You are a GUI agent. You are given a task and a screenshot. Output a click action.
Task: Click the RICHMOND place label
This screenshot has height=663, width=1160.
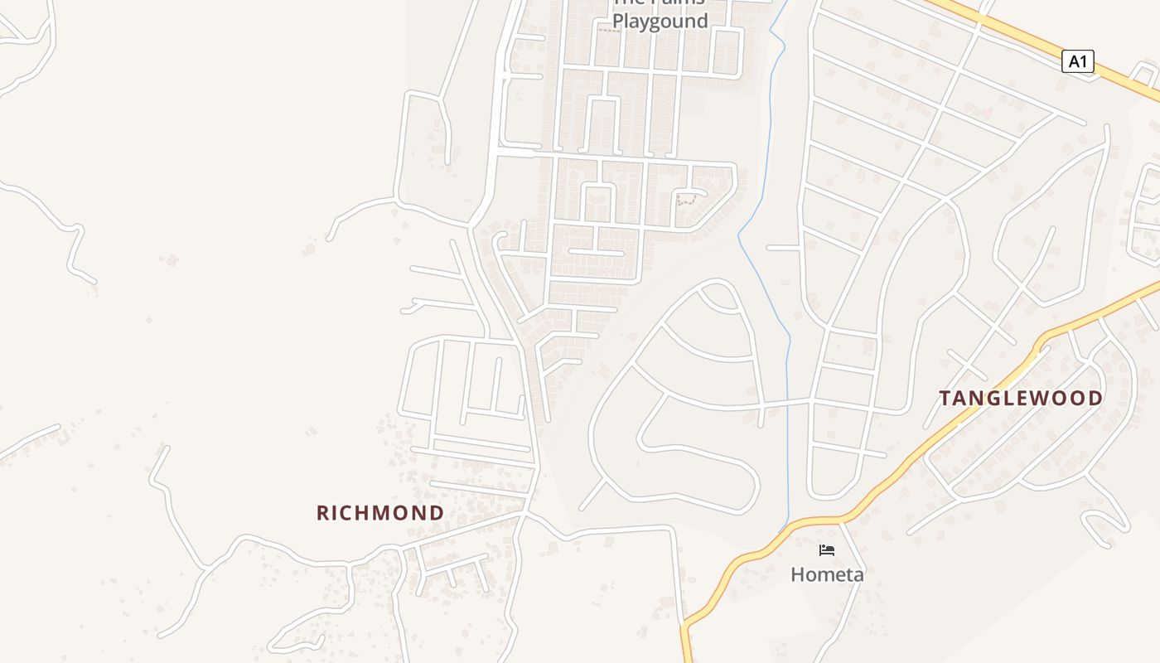(380, 513)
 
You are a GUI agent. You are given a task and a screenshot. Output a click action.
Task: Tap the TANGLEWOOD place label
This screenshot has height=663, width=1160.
(1021, 399)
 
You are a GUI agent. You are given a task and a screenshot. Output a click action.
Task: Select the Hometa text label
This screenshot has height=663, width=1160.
(827, 574)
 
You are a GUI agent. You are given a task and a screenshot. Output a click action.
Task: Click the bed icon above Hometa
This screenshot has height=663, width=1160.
(827, 550)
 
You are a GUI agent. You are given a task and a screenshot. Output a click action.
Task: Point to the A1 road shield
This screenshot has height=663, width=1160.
(1077, 61)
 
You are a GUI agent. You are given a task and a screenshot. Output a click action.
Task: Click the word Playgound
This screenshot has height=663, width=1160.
(660, 22)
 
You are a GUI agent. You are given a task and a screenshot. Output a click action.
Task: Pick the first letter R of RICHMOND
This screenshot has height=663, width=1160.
(323, 513)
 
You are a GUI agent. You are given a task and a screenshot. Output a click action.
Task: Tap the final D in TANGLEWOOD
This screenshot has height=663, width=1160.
(1095, 399)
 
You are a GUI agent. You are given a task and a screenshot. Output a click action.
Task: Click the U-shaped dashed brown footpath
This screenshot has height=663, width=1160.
(686, 199)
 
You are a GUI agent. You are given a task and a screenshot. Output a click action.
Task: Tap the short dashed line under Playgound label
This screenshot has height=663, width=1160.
(609, 31)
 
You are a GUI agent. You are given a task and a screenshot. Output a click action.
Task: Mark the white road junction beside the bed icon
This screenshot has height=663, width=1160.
(840, 523)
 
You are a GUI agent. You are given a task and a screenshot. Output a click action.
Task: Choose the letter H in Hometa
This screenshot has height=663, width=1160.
(797, 574)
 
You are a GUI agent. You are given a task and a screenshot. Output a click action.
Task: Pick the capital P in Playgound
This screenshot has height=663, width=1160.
(618, 22)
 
